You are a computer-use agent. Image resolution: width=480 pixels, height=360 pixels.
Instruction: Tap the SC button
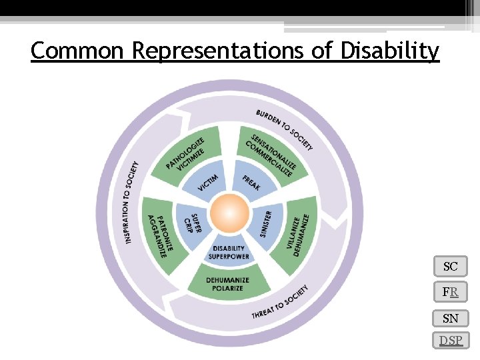pyautogui.click(x=450, y=267)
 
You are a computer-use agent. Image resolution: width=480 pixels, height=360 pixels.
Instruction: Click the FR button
pyautogui.click(x=450, y=292)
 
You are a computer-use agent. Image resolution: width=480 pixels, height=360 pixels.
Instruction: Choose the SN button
pyautogui.click(x=450, y=318)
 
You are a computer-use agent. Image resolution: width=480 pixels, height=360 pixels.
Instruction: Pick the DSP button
pyautogui.click(x=450, y=341)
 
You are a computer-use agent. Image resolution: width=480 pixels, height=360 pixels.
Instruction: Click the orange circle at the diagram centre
pyautogui.click(x=229, y=213)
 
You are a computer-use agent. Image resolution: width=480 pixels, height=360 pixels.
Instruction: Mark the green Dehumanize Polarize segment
pyautogui.click(x=228, y=284)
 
